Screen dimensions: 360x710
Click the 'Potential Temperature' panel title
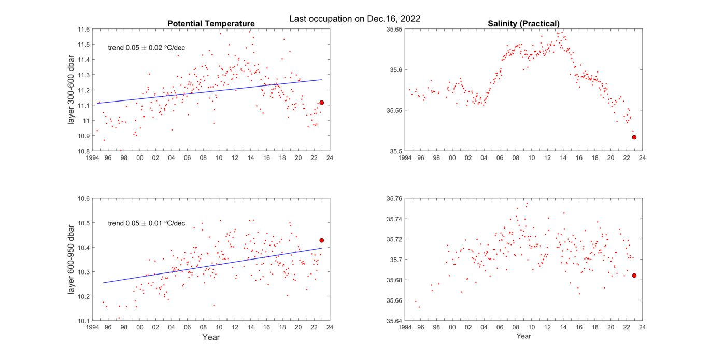click(x=210, y=24)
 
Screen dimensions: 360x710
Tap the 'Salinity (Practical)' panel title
click(x=523, y=24)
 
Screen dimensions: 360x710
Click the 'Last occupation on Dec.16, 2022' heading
click(x=354, y=18)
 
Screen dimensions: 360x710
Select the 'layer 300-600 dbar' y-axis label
click(x=72, y=90)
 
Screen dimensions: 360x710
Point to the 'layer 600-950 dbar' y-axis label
click(x=72, y=260)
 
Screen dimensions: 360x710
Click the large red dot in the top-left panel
click(x=322, y=103)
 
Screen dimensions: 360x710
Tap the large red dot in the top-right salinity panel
click(x=634, y=137)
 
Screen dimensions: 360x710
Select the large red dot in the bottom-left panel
click(x=322, y=240)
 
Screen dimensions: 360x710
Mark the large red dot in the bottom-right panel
click(x=634, y=276)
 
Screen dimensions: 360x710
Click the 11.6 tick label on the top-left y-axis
click(x=83, y=29)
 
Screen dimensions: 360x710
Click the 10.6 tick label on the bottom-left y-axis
click(x=83, y=198)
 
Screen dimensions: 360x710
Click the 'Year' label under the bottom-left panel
click(x=210, y=337)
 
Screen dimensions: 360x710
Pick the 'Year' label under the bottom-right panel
click(x=523, y=337)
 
